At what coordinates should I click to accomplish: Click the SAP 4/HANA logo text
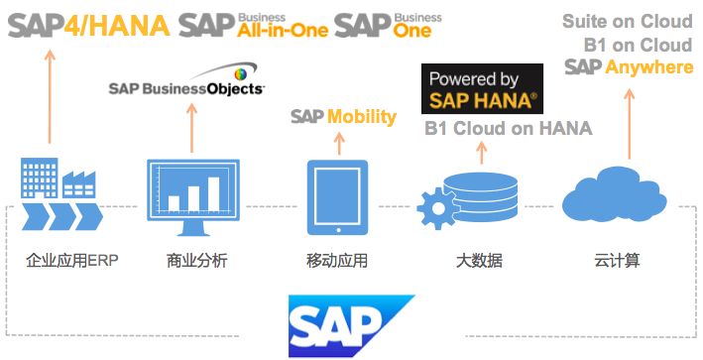coord(87,24)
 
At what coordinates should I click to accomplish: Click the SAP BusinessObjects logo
coord(187,86)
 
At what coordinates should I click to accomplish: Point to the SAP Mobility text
coord(343,117)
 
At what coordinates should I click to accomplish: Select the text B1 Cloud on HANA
coord(508,129)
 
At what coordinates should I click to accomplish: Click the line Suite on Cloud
coord(628,22)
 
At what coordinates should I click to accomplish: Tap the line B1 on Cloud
coord(638,45)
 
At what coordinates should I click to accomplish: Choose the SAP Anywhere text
coord(629,66)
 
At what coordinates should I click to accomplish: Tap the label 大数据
coord(478,262)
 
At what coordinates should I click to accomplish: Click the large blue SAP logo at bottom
coord(352,323)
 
